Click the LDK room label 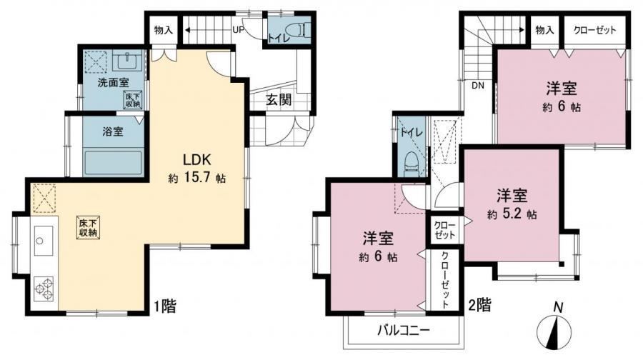click(x=197, y=159)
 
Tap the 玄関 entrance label click(x=279, y=99)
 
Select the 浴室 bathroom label click(x=113, y=132)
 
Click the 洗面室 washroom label click(x=113, y=82)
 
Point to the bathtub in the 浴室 click(x=113, y=164)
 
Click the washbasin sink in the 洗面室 click(x=128, y=62)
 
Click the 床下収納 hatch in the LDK click(x=88, y=228)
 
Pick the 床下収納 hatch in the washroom click(x=134, y=100)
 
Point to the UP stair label click(x=238, y=30)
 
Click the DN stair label click(x=478, y=86)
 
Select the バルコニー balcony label click(x=404, y=331)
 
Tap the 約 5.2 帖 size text click(x=512, y=214)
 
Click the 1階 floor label click(x=165, y=306)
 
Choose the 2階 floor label click(x=479, y=305)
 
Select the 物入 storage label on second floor click(x=545, y=30)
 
